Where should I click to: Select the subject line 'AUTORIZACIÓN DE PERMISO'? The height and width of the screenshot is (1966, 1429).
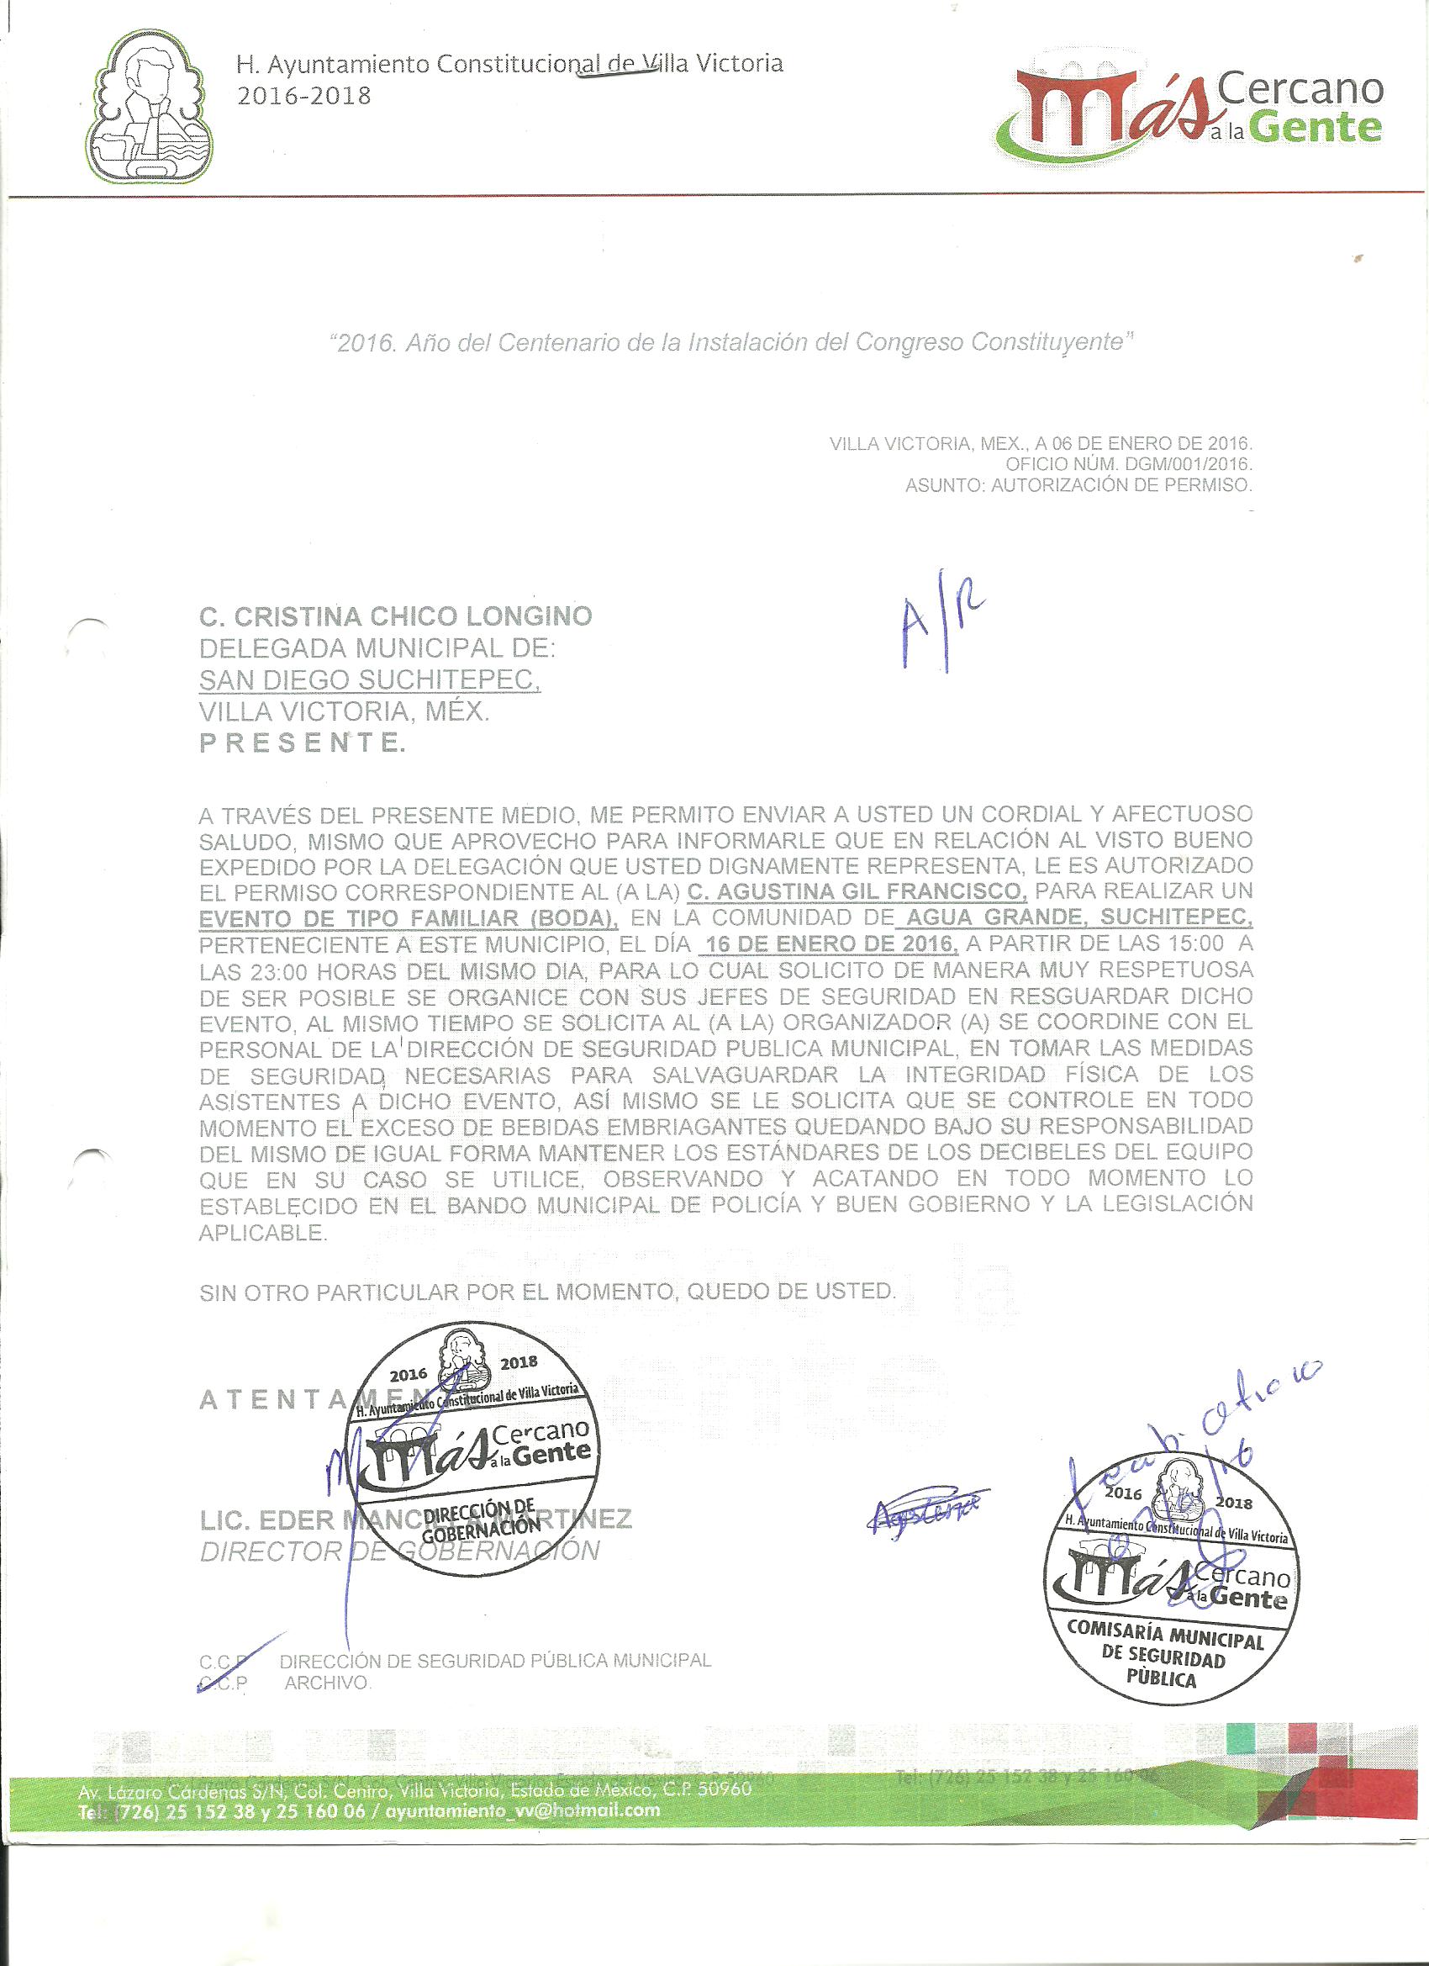[1121, 486]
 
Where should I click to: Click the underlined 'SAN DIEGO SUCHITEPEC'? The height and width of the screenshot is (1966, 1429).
[370, 680]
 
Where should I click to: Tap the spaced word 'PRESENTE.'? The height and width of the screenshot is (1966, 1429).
[302, 743]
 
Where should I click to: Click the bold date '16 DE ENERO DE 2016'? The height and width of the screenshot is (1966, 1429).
[832, 943]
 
